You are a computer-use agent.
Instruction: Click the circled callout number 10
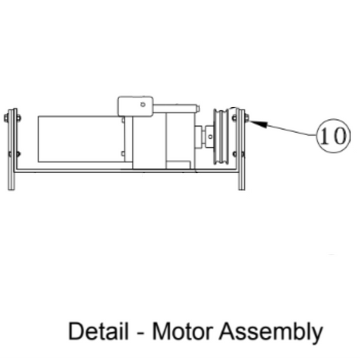click(x=332, y=136)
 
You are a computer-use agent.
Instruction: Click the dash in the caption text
click(x=142, y=332)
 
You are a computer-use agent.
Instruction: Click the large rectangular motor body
click(x=79, y=139)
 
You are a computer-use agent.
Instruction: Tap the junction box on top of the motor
click(x=135, y=106)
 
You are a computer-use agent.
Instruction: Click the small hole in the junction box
click(x=142, y=103)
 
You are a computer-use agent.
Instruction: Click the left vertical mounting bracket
click(x=11, y=149)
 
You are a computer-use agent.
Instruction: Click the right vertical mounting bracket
click(x=241, y=149)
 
